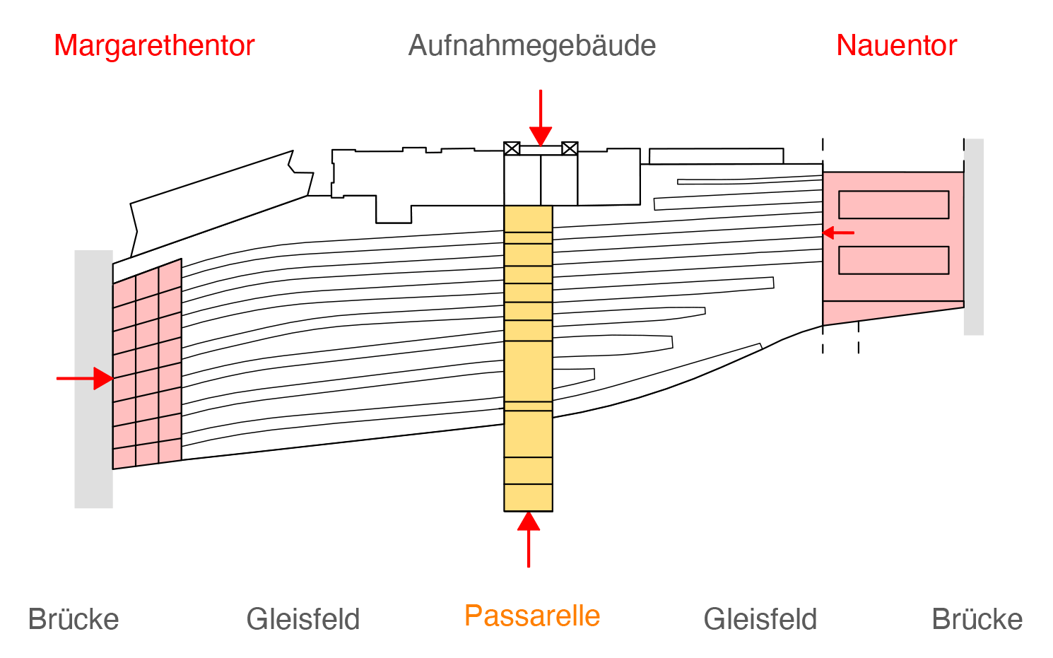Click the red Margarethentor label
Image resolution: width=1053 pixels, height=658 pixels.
coord(154,46)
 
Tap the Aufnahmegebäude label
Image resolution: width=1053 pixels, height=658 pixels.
coord(531,47)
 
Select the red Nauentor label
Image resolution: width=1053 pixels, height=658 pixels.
coord(896,46)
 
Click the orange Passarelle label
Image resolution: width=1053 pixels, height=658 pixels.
coord(532,615)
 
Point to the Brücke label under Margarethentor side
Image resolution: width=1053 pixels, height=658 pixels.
coord(73,619)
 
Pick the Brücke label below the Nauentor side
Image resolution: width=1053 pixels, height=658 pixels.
coord(977,619)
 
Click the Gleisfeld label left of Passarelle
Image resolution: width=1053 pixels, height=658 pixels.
coord(303,619)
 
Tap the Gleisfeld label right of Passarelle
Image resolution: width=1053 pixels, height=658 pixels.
coord(760,619)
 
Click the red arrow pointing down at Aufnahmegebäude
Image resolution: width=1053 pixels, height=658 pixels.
coord(541,118)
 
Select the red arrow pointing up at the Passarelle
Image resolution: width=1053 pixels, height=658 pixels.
coord(529,539)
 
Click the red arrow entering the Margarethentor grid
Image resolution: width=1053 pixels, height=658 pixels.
coord(85,378)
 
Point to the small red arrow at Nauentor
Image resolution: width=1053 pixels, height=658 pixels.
coord(838,233)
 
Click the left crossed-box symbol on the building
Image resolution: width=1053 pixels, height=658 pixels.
coord(512,148)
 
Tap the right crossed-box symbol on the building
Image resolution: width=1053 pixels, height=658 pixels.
coord(570,148)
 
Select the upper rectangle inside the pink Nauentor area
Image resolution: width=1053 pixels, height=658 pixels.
coord(894,205)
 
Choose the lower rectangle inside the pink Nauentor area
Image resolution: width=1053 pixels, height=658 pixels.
coord(894,260)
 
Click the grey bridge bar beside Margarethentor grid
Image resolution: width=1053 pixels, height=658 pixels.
coord(93,379)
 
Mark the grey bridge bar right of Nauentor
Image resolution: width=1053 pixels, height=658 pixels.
coord(974,237)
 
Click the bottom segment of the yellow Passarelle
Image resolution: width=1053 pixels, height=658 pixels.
coord(529,498)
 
